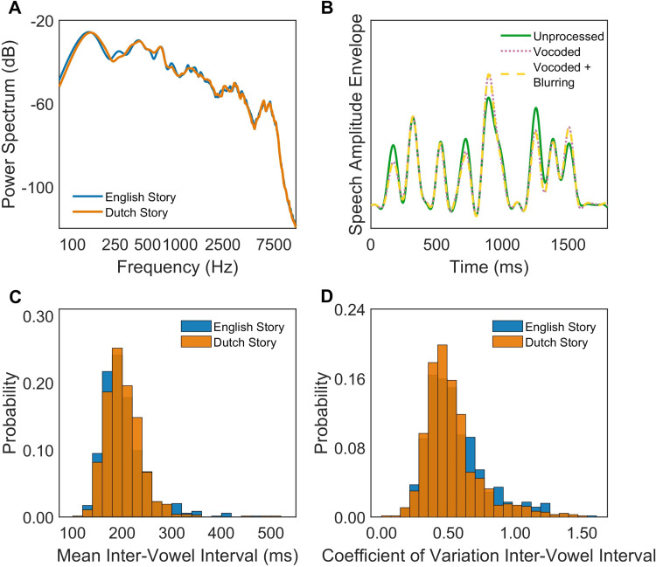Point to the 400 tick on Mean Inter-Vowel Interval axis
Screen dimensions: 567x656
[226, 533]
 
